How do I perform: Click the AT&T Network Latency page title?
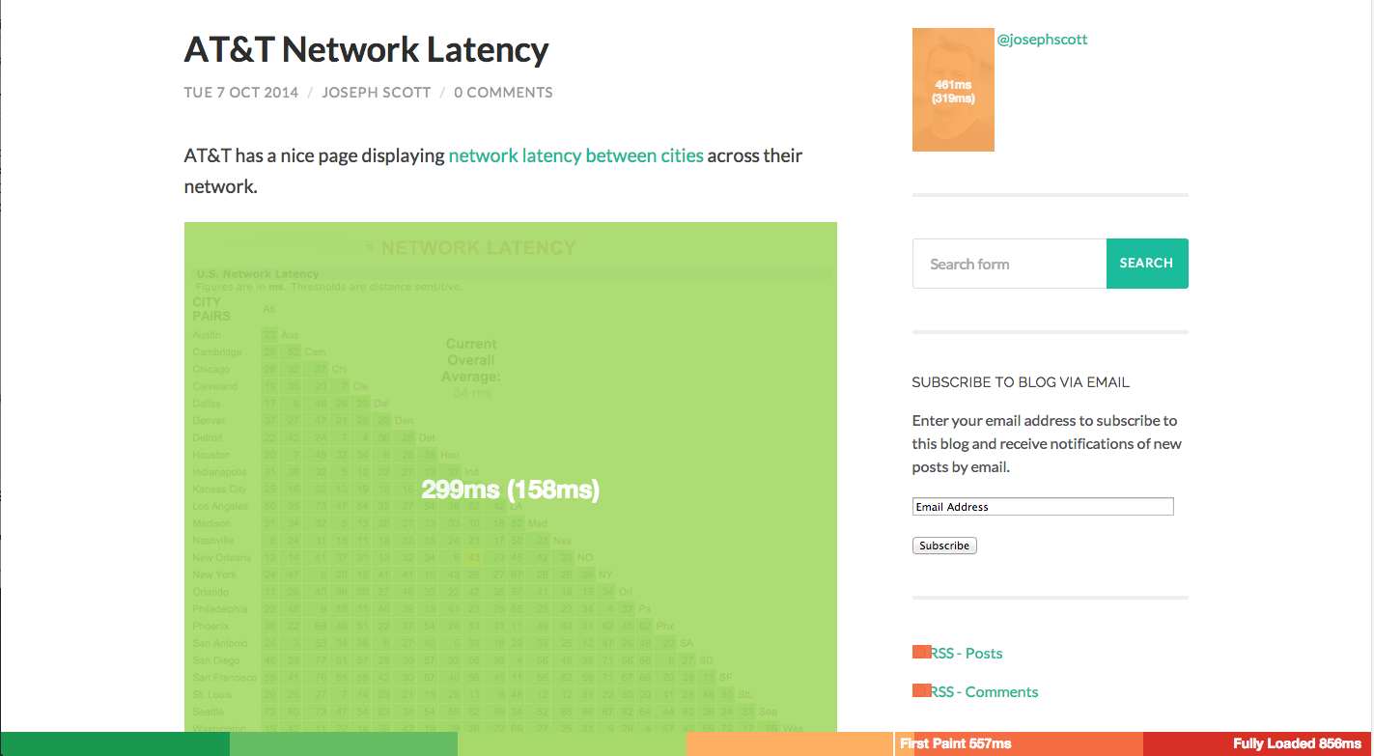point(366,50)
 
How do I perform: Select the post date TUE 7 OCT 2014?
point(240,93)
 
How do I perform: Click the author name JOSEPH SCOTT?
point(375,93)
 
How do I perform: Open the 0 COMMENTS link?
point(503,93)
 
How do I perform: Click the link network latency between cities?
point(575,155)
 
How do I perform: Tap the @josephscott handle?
point(1042,40)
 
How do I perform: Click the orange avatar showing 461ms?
point(953,91)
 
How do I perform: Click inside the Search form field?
point(1009,264)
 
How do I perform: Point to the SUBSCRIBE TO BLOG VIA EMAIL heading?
point(1021,382)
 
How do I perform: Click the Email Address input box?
point(1043,507)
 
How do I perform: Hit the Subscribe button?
point(944,546)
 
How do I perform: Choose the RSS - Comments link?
point(984,692)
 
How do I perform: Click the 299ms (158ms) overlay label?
point(511,490)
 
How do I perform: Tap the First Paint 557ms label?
point(955,743)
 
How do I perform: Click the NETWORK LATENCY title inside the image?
point(478,248)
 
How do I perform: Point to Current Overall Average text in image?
point(471,360)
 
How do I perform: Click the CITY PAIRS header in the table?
point(211,309)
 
